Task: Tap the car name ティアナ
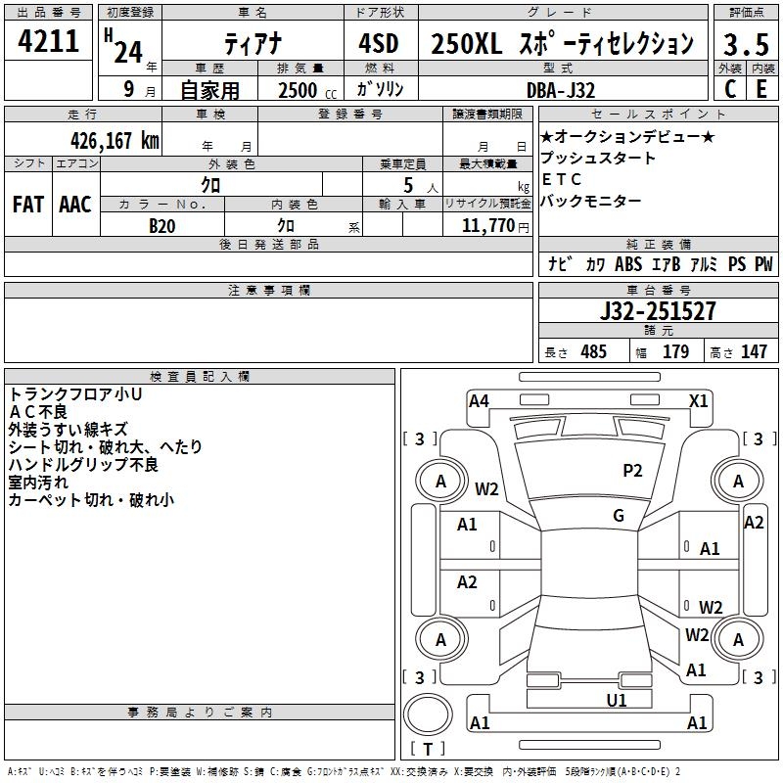click(252, 44)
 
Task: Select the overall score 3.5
click(746, 45)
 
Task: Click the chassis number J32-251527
click(657, 312)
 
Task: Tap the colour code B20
click(162, 225)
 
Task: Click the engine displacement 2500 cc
click(304, 90)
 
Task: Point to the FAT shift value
click(27, 205)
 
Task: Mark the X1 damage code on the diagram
click(698, 400)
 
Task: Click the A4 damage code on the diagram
click(479, 400)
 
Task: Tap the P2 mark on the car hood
click(632, 471)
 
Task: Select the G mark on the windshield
click(619, 516)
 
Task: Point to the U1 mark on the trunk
click(617, 700)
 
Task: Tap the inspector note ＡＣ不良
click(39, 411)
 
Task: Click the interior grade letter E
click(760, 90)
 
